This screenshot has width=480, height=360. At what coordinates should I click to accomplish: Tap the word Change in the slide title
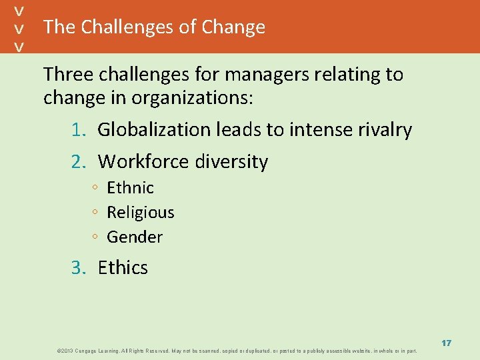(x=233, y=27)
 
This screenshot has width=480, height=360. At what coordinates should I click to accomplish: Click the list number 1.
(x=79, y=129)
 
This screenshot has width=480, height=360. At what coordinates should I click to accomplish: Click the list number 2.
(x=79, y=161)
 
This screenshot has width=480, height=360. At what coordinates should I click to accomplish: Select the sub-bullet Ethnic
(x=130, y=188)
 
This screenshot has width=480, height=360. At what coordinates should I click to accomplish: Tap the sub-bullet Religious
(x=140, y=213)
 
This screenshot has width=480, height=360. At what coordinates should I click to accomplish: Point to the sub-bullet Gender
(x=135, y=237)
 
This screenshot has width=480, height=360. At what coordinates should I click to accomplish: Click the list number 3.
(x=79, y=267)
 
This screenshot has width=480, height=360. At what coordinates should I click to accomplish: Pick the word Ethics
(x=123, y=267)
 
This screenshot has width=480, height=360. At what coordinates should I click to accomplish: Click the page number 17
(x=446, y=343)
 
